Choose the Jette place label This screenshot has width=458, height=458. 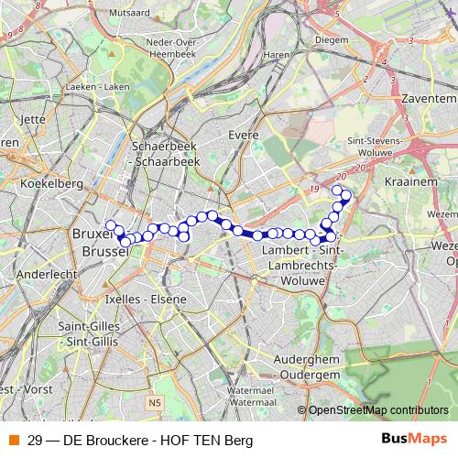point(32,118)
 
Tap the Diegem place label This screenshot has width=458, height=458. point(332,40)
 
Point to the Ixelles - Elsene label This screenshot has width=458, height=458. point(145,299)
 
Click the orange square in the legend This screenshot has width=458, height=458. point(12,439)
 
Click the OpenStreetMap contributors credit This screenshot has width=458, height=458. point(378,410)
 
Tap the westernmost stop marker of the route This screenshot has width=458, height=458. point(111,225)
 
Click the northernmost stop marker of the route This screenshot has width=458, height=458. point(337,190)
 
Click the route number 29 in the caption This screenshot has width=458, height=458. point(35,439)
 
